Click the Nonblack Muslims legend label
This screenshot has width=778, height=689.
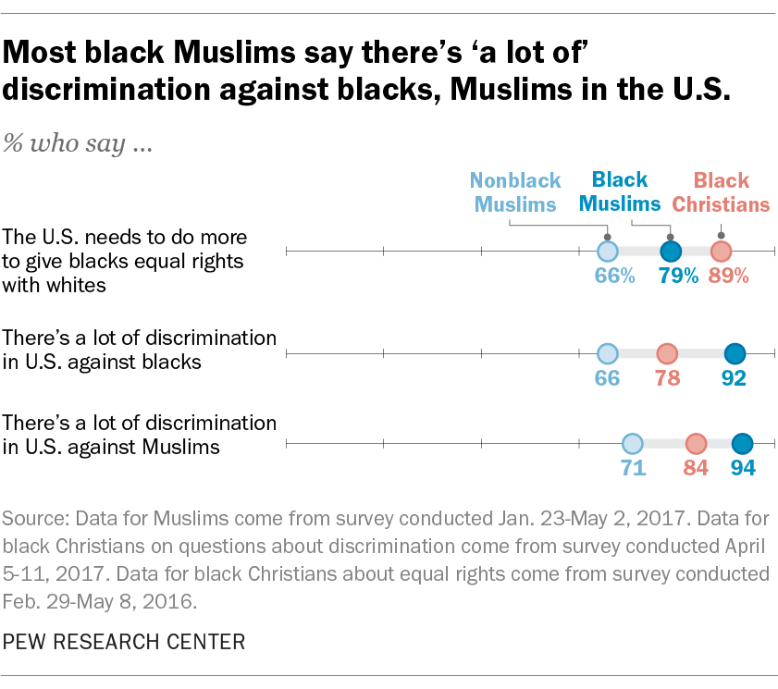(514, 192)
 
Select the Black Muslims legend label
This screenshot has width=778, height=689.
(620, 191)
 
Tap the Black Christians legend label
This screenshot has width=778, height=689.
(721, 192)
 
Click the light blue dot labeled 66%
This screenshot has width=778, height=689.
(606, 252)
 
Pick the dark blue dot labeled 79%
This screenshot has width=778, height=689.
(671, 252)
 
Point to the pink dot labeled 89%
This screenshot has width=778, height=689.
(721, 252)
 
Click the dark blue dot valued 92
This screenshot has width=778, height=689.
(735, 353)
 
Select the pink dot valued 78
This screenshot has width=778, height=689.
(666, 353)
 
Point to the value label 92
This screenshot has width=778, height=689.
(735, 377)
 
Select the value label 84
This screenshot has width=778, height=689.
(696, 468)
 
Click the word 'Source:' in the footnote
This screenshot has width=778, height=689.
(35, 517)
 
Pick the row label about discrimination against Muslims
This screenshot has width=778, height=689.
(140, 436)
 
